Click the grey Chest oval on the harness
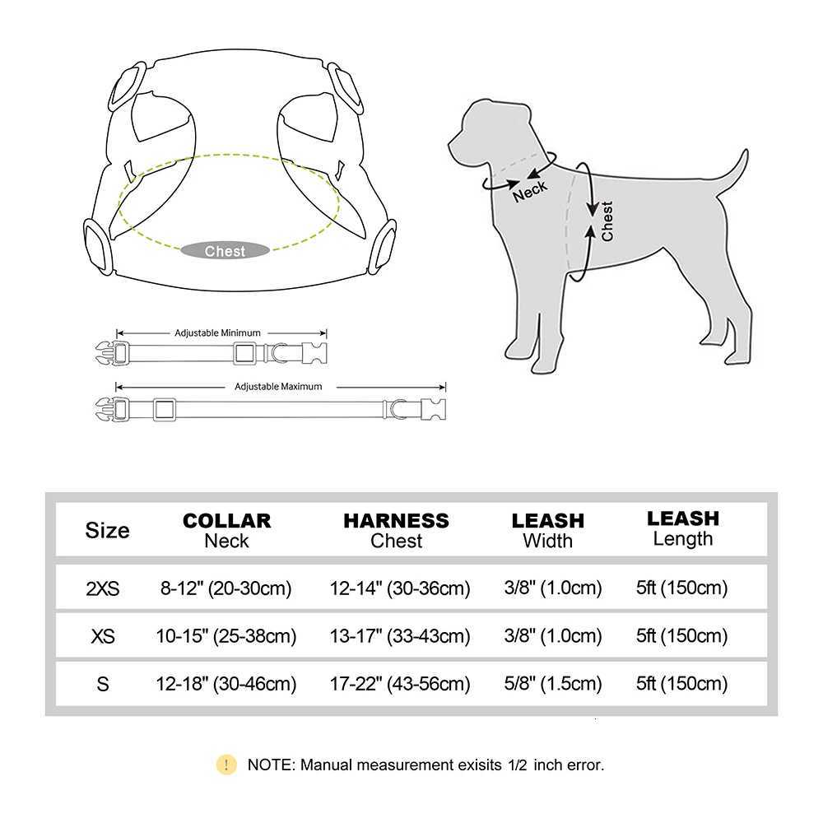(226, 251)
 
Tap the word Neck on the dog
(530, 190)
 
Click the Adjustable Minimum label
(217, 333)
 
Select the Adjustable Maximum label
(278, 386)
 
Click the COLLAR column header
(226, 521)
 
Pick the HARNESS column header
(396, 521)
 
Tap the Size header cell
(107, 530)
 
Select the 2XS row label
(103, 588)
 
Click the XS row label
(103, 636)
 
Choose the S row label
(103, 684)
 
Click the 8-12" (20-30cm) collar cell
(226, 588)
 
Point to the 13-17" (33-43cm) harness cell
(400, 636)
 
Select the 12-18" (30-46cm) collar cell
(226, 684)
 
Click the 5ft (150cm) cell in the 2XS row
(682, 588)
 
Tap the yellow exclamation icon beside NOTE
(226, 765)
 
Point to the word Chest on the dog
(607, 221)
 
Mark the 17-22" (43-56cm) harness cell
(400, 684)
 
